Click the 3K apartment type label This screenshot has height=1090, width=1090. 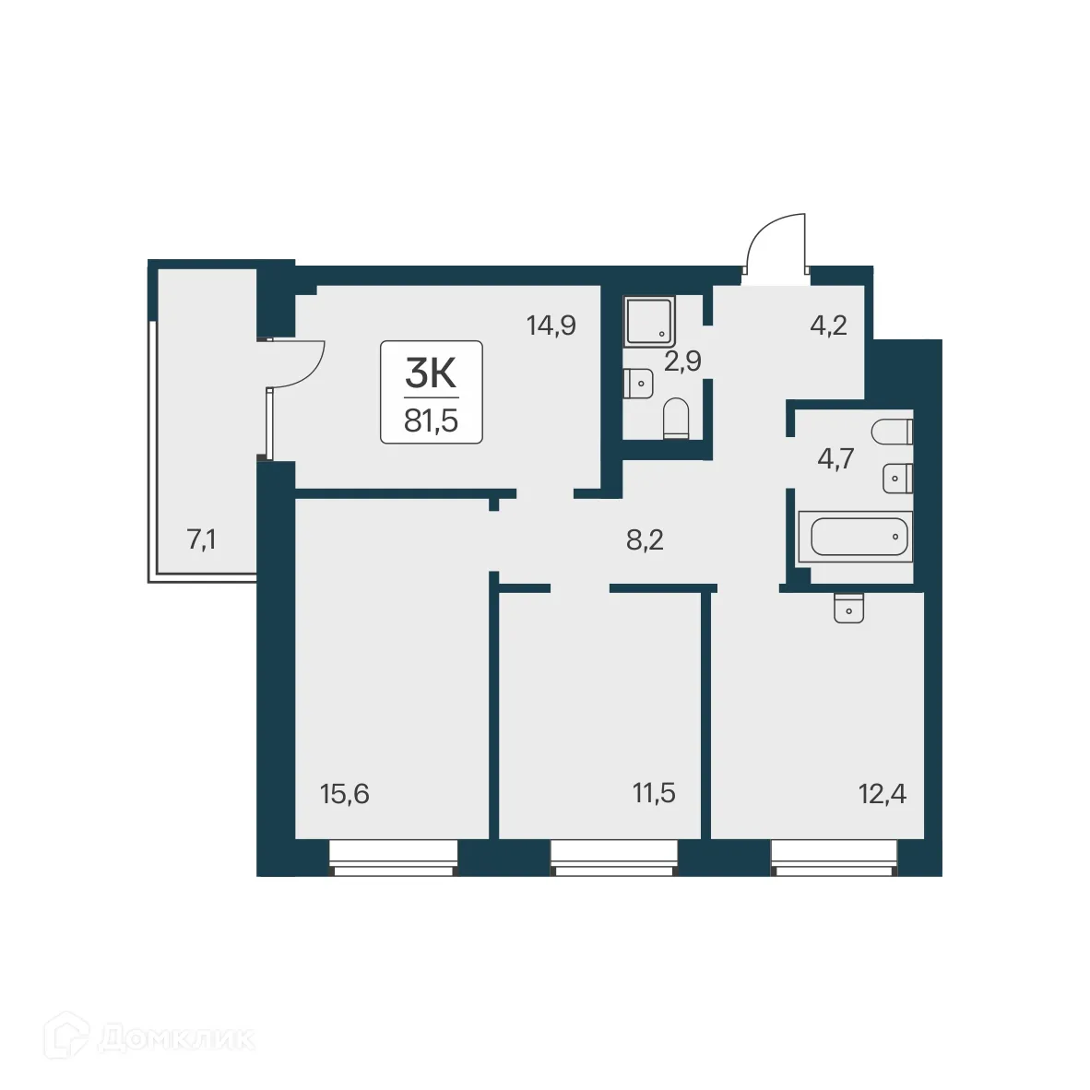tap(431, 373)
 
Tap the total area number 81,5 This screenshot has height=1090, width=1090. tap(431, 421)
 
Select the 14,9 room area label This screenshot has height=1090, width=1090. tap(551, 326)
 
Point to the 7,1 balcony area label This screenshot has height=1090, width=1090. tap(201, 539)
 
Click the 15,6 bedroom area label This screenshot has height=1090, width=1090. tap(344, 793)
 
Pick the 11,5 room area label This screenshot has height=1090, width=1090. tap(653, 793)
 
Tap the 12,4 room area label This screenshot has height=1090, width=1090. tap(882, 793)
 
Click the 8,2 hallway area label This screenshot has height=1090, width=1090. tap(645, 539)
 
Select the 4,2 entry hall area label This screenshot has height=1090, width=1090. tap(828, 326)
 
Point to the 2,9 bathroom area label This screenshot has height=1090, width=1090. tap(682, 361)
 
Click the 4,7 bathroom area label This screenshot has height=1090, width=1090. tap(835, 458)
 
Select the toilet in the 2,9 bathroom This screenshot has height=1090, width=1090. tap(676, 418)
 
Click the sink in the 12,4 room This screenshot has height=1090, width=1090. tap(847, 609)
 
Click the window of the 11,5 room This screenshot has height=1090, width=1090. tap(613, 858)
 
